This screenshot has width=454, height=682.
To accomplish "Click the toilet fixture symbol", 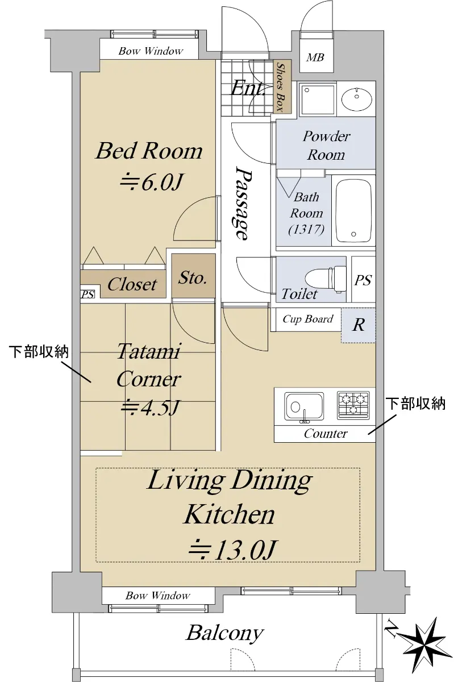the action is [326, 279].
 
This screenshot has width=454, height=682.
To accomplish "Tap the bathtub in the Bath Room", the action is [353, 211].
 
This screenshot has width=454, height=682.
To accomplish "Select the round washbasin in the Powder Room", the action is [357, 98].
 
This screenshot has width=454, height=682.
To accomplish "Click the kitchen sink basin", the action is [304, 406].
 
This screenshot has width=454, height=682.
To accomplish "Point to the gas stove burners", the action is [353, 405].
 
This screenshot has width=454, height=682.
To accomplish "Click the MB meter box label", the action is [315, 57].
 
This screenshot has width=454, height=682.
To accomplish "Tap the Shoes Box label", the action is [280, 87].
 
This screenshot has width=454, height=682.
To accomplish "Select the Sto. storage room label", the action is [192, 278].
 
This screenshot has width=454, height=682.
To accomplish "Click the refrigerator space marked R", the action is [358, 325].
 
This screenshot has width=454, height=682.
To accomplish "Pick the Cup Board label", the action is [307, 319].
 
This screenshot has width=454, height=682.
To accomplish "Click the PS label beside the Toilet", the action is [363, 280].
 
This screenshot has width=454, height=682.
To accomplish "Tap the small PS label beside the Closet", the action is [88, 294].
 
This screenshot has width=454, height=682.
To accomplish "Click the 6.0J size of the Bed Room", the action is [151, 182].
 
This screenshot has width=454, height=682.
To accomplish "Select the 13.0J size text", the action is [232, 550].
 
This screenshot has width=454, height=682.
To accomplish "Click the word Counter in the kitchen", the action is [326, 434].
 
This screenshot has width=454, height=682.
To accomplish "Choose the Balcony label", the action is [224, 634].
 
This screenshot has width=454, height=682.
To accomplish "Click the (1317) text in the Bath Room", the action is [306, 229].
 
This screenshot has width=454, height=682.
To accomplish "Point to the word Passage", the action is [243, 203].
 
